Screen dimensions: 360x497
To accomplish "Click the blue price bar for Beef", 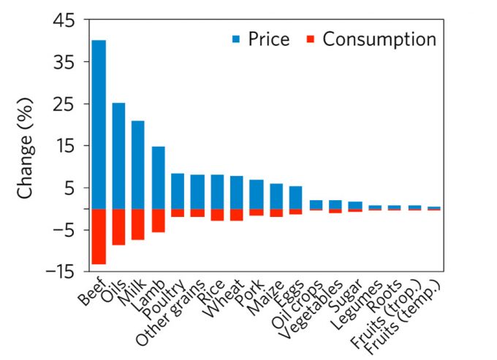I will (99, 124).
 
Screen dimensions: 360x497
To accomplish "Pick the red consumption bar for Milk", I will (138, 224).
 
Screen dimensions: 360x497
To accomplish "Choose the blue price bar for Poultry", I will (178, 191).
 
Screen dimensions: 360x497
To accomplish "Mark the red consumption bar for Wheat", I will (237, 215).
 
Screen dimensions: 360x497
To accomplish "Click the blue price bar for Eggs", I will (296, 197).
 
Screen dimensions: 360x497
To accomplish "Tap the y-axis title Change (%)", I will (27, 146).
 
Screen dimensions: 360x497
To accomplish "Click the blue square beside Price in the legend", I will (238, 39).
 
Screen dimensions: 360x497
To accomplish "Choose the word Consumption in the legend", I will (379, 39).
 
